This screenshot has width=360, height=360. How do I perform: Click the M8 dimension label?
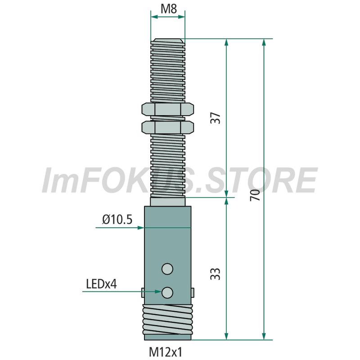tap(169, 9)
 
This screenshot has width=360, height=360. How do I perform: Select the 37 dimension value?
tap(216, 118)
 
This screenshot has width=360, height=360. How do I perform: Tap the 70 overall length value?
tap(255, 195)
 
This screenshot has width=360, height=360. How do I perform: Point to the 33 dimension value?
tap(216, 274)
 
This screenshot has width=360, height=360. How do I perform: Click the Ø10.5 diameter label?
tap(117, 220)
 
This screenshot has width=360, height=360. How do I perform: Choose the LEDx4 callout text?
tap(101, 284)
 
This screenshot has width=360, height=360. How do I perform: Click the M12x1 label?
tap(166, 351)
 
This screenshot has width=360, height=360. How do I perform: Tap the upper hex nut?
tap(167, 109)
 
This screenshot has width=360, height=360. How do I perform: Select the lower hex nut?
tap(167, 127)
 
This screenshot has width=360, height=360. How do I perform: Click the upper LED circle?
tap(167, 269)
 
